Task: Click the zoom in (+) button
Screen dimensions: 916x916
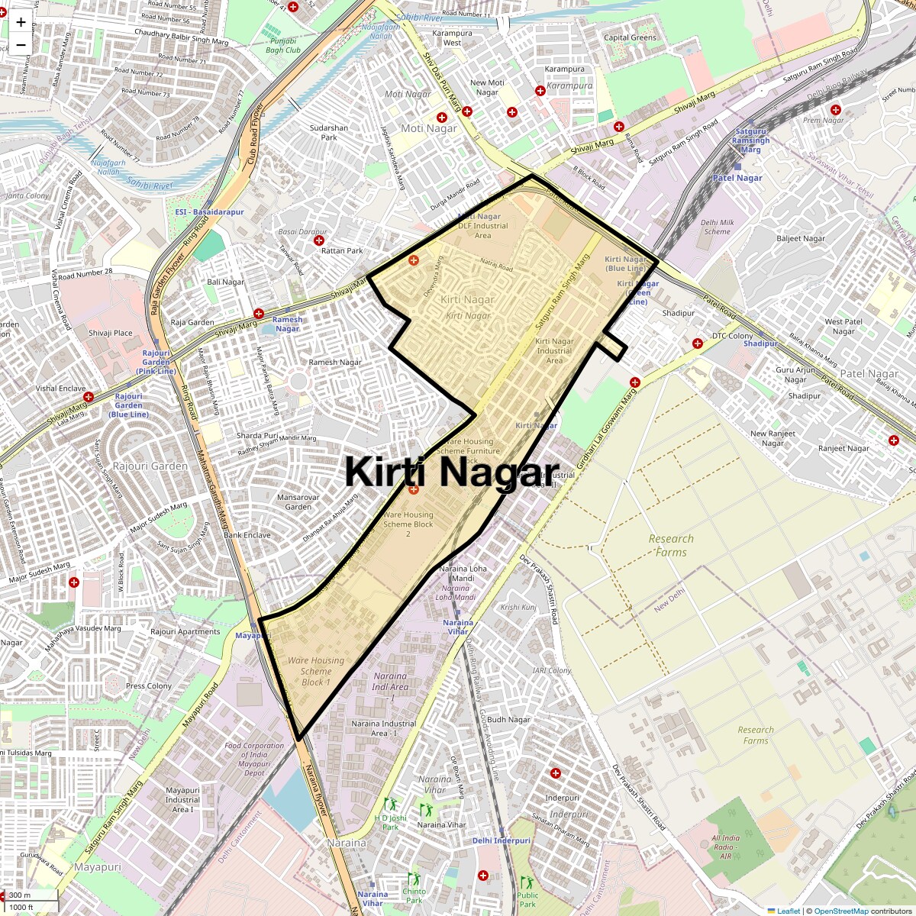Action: [x=21, y=21]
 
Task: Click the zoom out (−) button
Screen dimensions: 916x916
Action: [x=21, y=44]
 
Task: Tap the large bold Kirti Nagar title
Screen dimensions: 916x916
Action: [x=452, y=471]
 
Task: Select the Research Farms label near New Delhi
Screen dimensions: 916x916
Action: [x=671, y=545]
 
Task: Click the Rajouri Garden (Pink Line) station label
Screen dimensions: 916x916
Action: [x=156, y=362]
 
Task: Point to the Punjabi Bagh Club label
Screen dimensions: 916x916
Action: [x=283, y=45]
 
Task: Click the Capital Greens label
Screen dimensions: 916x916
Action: [x=630, y=37]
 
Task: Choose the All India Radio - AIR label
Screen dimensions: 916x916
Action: [x=725, y=847]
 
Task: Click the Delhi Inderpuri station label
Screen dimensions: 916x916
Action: [x=501, y=840]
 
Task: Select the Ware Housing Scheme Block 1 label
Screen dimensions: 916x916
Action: [x=316, y=671]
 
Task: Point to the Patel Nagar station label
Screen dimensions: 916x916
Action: [x=737, y=178]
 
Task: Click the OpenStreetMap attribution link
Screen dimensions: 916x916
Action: [x=840, y=911]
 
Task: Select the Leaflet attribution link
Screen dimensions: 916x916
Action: [x=789, y=911]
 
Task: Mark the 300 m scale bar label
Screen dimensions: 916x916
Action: [x=21, y=895]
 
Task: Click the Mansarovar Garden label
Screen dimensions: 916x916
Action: [x=298, y=502]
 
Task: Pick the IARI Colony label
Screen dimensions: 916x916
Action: [x=553, y=671]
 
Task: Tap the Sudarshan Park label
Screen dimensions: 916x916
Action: [x=329, y=133]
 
